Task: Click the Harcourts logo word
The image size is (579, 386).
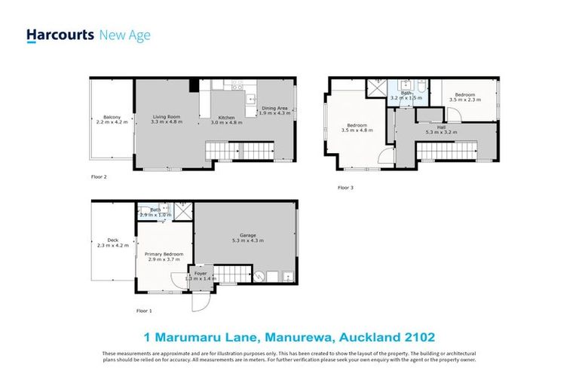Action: pyautogui.click(x=60, y=35)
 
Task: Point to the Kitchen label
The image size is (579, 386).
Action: pyautogui.click(x=227, y=118)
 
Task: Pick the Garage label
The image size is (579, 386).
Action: pyautogui.click(x=247, y=235)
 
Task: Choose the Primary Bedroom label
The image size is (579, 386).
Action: pyautogui.click(x=164, y=254)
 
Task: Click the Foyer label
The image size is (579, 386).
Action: pyautogui.click(x=201, y=273)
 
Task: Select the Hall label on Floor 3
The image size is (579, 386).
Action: pyautogui.click(x=441, y=127)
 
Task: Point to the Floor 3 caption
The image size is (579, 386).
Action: pyautogui.click(x=345, y=187)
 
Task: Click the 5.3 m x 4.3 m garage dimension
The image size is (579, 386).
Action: pyautogui.click(x=247, y=240)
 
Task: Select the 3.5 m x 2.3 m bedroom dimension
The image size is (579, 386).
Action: pyautogui.click(x=464, y=100)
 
